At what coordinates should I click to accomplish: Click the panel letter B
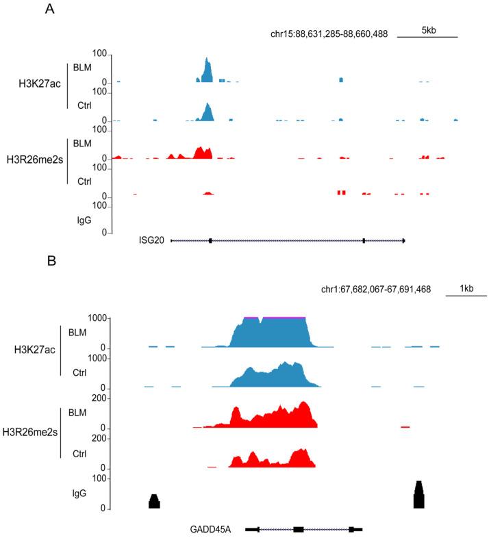[50, 261]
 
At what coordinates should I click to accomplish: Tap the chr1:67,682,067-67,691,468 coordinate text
[375, 290]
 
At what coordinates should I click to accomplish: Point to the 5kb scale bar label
[428, 31]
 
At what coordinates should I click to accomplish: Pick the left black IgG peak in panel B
[154, 502]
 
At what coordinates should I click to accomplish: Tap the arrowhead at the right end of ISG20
[404, 240]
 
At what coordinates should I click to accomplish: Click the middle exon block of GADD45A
[298, 529]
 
